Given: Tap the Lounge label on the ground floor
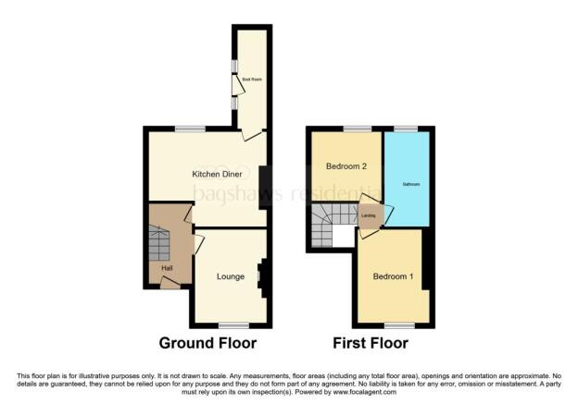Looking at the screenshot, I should (x=231, y=275).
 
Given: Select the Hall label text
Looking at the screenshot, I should (x=168, y=268).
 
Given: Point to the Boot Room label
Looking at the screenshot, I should (x=252, y=80).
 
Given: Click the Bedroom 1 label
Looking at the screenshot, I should (x=392, y=276).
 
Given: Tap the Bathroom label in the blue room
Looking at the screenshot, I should (x=410, y=185).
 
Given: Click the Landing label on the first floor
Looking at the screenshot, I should (x=368, y=216).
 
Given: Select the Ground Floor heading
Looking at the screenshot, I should (x=207, y=343).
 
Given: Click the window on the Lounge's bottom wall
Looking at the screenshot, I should (x=233, y=324).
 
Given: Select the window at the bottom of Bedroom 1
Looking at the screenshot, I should (x=399, y=324).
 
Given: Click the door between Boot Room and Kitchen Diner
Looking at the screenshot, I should (x=249, y=134).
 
